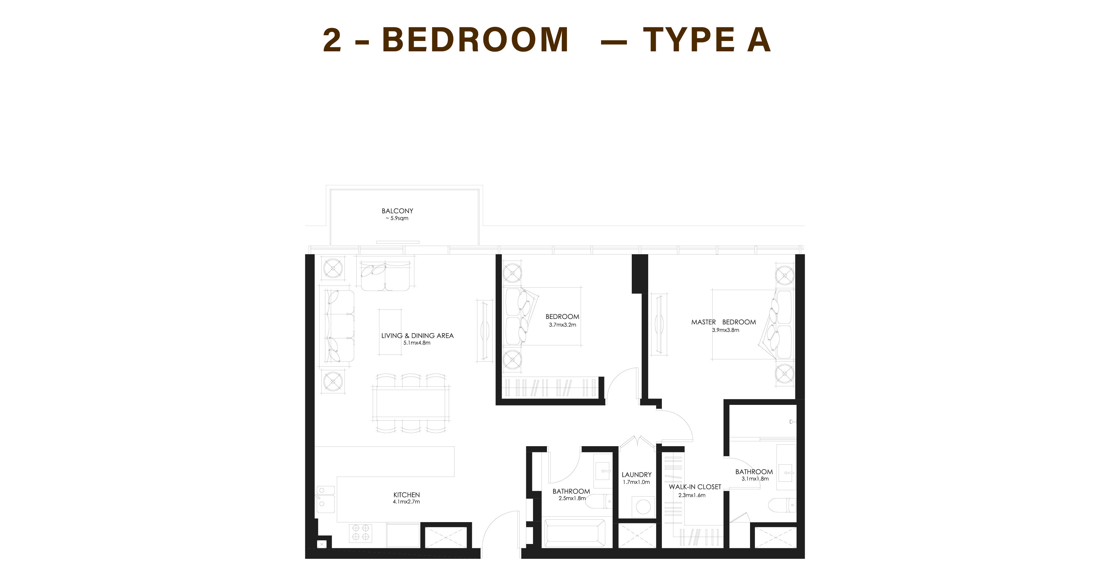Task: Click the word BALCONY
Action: [x=397, y=211]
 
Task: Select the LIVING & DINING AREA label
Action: [x=417, y=336]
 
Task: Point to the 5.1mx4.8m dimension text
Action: [x=417, y=343]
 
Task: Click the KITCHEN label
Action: [x=406, y=495]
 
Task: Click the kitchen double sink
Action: [x=326, y=499]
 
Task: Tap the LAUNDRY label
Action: [x=636, y=475]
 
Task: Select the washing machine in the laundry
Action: [x=643, y=507]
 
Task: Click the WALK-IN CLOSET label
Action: [x=695, y=487]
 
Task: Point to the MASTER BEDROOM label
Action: [x=724, y=322]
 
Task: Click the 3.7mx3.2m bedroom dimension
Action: [x=562, y=325]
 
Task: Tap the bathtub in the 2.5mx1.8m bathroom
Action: [x=575, y=533]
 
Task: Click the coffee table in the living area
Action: [x=390, y=332]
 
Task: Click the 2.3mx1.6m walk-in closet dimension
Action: [x=692, y=495]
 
